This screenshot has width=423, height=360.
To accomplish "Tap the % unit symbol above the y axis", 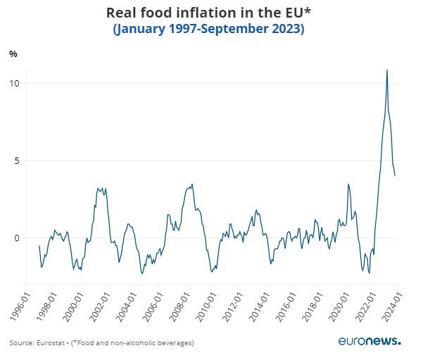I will coord(13,54).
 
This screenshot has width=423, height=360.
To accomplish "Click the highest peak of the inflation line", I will coord(386,70).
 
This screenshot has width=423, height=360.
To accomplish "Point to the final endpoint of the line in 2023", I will coord(395,176).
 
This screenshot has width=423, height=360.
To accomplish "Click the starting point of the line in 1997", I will coord(39,245).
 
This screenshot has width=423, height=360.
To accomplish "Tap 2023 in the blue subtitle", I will coord(287,30).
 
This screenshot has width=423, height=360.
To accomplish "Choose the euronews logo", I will coord(369,341).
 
